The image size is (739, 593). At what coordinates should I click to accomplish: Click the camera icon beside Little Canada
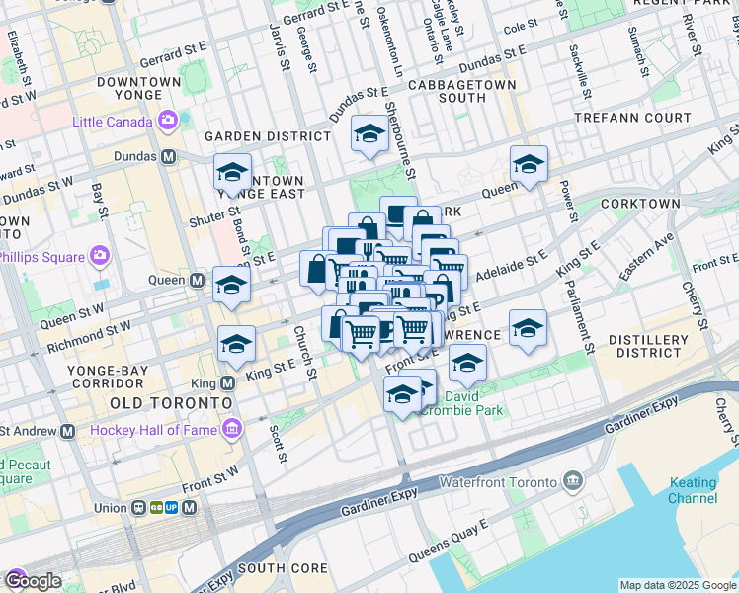(167, 122)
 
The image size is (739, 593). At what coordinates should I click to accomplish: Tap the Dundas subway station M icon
(169, 156)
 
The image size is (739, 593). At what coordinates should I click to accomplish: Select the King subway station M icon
(228, 382)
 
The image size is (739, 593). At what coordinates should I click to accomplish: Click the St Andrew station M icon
(67, 431)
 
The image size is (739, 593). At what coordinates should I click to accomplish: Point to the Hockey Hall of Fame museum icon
(232, 429)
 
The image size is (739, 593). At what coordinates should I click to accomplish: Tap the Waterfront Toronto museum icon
(573, 481)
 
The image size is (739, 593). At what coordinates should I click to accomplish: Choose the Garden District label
(267, 136)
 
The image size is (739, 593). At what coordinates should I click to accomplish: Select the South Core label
(282, 568)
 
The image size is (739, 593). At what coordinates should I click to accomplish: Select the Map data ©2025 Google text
(677, 585)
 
